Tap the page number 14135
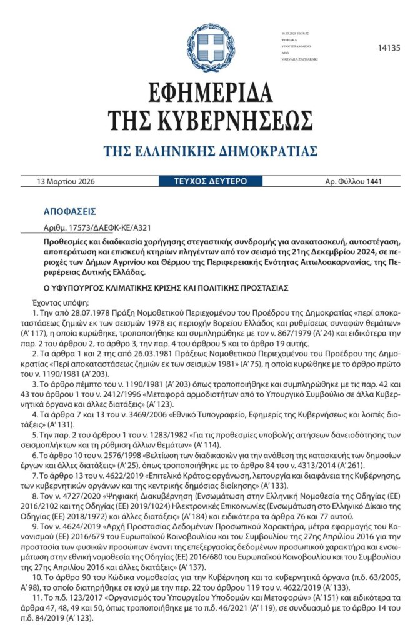pos(389,48)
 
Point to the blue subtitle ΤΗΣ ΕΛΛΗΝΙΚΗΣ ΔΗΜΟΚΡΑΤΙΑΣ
pos(210,151)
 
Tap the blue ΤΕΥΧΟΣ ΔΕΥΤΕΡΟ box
pos(210,181)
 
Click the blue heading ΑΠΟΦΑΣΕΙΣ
pos(69,212)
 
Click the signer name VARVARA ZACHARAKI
pos(299,59)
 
